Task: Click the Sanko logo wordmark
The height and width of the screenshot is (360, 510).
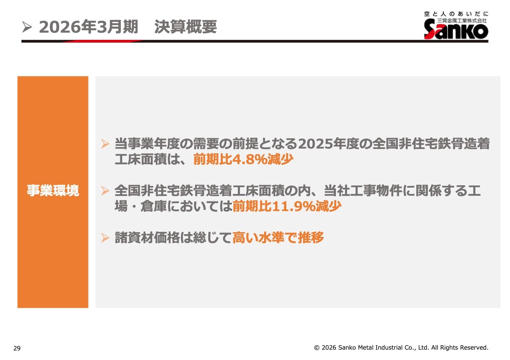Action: click(x=456, y=29)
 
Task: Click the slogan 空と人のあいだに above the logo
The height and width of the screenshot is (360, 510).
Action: click(x=456, y=14)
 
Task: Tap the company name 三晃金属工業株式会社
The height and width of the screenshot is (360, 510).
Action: click(x=462, y=21)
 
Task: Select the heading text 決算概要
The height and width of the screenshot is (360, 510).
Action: click(x=186, y=27)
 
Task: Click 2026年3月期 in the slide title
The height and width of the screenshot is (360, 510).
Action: click(x=88, y=27)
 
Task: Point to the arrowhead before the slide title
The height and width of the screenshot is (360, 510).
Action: click(x=27, y=27)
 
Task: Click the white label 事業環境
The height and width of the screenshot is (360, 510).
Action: click(x=53, y=190)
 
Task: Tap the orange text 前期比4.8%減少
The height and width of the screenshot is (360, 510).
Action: click(x=243, y=159)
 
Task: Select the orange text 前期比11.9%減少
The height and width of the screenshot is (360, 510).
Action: click(x=287, y=206)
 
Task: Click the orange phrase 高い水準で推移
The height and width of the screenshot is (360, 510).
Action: click(x=278, y=238)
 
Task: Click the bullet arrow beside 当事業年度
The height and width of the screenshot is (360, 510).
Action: click(x=105, y=144)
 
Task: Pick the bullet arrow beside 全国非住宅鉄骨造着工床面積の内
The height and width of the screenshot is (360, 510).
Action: click(x=105, y=191)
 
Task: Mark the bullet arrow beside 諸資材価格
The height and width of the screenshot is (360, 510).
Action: click(x=105, y=238)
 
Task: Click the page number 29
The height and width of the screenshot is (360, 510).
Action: click(x=17, y=348)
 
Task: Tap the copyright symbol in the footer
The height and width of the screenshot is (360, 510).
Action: click(x=317, y=348)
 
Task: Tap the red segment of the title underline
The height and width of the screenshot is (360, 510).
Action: click(x=102, y=41)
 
